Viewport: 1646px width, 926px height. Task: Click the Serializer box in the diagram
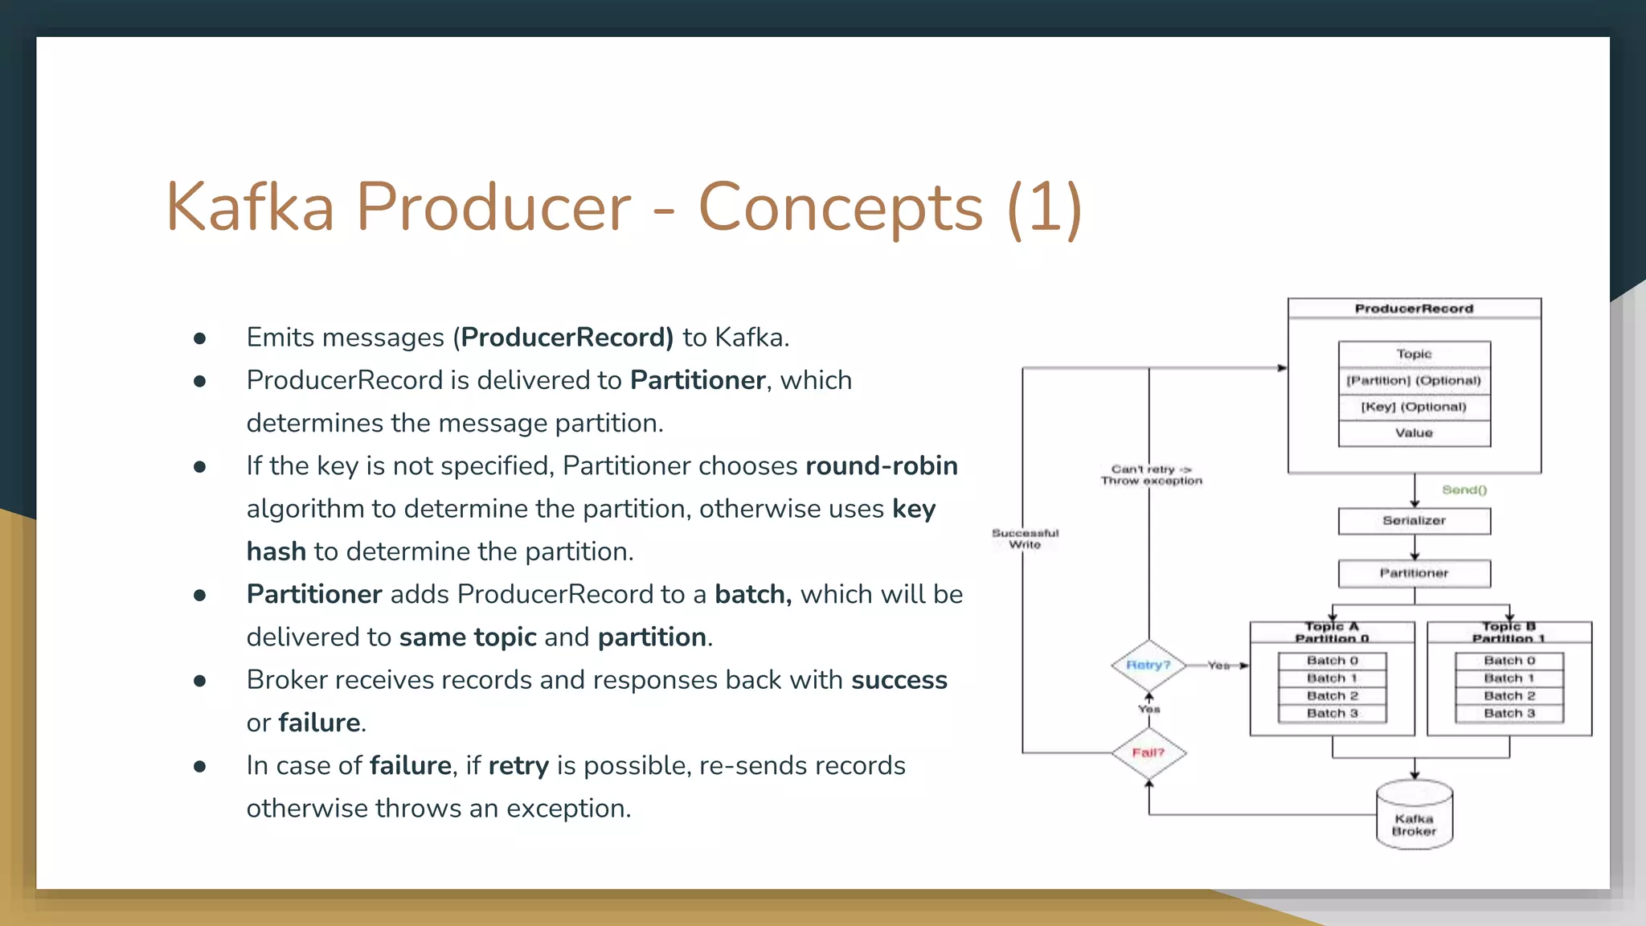click(1414, 521)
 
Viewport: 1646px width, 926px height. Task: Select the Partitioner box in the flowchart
click(1414, 573)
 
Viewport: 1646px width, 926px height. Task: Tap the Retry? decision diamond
click(1149, 666)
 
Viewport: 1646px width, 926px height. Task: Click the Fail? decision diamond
click(1149, 753)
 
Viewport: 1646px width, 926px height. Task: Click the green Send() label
click(1464, 490)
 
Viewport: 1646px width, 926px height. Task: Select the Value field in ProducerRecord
click(1414, 433)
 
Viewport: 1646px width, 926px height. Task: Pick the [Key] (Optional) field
click(1414, 407)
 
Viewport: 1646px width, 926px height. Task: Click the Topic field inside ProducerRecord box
click(1414, 354)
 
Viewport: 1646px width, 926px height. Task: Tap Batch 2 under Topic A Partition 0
click(1332, 696)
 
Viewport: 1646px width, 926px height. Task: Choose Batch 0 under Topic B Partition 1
click(1509, 661)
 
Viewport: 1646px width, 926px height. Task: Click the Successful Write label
click(1025, 539)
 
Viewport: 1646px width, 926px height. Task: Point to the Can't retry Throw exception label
click(1151, 475)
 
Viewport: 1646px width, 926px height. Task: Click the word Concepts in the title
click(840, 207)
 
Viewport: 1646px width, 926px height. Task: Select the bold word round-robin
click(881, 466)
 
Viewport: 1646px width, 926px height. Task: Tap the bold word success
click(899, 680)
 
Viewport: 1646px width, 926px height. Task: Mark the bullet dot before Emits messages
click(200, 338)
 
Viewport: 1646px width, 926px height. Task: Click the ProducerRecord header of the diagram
click(1414, 309)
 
